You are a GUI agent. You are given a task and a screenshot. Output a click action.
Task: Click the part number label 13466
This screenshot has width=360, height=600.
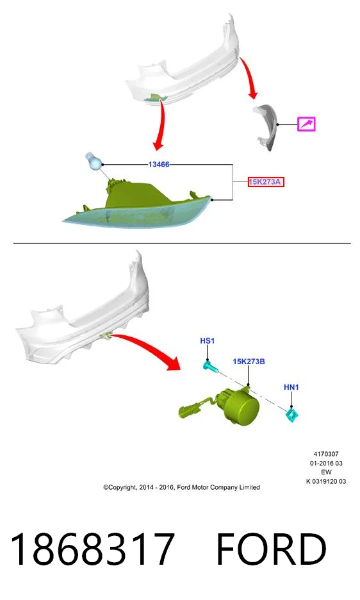point(159,165)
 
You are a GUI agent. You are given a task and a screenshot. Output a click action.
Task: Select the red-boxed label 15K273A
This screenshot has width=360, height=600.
point(265,182)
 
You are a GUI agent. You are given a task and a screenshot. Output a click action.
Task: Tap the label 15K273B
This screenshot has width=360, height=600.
point(249,362)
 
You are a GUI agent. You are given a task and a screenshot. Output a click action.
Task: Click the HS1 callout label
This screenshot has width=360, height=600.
point(208,340)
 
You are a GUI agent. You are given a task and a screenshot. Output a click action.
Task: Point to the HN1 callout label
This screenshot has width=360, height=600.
point(291,387)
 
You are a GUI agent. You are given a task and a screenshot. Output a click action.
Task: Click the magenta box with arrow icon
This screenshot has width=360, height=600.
point(306,124)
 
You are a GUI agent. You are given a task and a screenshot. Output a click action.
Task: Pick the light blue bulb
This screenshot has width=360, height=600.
point(93,161)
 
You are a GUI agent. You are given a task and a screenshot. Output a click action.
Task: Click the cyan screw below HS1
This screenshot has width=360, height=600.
point(210,367)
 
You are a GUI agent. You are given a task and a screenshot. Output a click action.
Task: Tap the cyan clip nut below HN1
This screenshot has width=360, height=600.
point(292,415)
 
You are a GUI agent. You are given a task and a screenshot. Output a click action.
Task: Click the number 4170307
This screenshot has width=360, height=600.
point(326,454)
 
